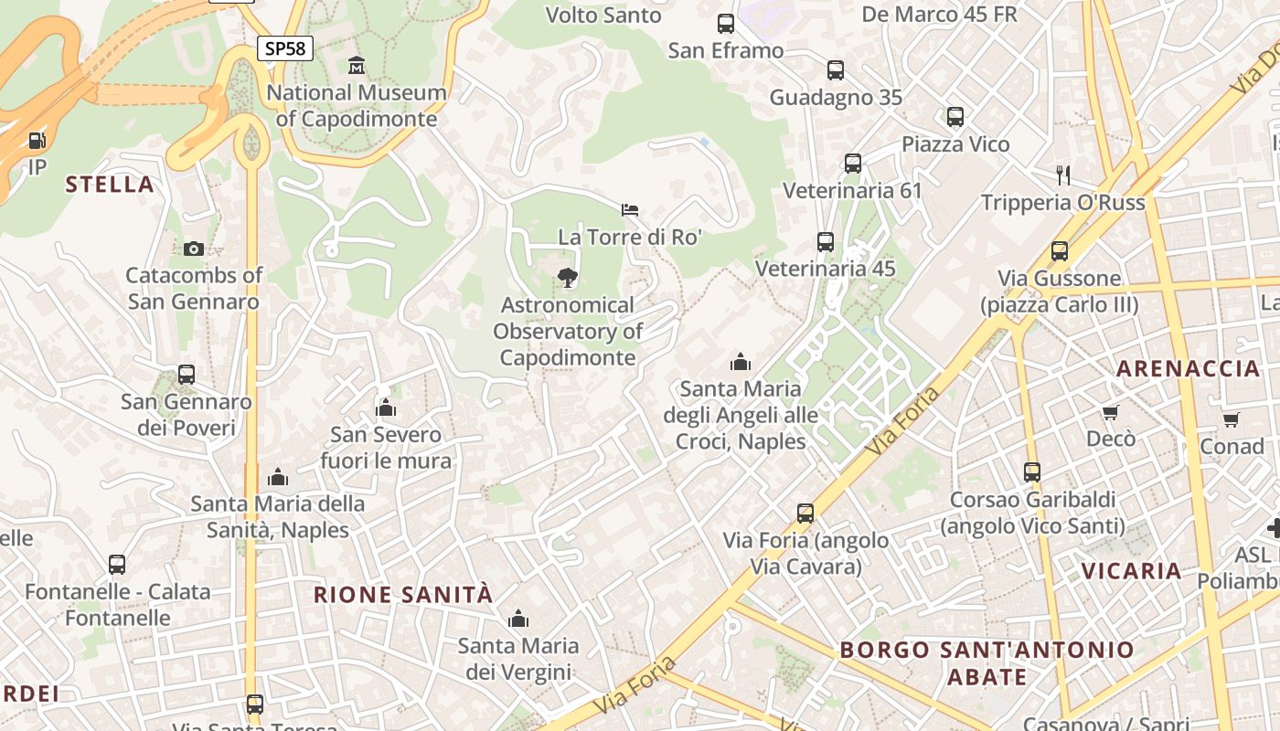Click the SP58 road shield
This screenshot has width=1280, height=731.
pos(284,48)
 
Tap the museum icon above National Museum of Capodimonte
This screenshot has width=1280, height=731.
pos(357,65)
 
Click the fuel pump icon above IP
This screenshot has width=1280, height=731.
pos(37,141)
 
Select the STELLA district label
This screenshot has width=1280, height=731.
pos(110,185)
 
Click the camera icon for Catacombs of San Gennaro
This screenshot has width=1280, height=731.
pos(193,249)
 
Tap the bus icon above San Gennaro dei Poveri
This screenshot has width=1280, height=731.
pos(187,375)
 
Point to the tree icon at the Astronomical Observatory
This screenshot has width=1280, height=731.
pos(567,278)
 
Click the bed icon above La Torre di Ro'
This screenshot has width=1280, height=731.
pos(630,210)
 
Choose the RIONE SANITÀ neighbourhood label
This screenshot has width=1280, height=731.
pos(403,595)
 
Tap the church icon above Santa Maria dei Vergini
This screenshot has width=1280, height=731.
pos(518,619)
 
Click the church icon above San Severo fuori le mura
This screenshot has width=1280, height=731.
pos(386,408)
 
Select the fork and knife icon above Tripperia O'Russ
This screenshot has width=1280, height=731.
pos(1062,175)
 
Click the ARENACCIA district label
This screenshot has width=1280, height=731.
pos(1189,369)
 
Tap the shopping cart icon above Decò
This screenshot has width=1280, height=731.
pos(1111,412)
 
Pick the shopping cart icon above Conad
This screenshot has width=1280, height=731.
pos(1232,419)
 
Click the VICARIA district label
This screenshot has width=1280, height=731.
pos(1132,572)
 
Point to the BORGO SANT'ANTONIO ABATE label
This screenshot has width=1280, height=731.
pos(987,663)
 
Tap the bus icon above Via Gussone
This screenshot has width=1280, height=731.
pos(1060,251)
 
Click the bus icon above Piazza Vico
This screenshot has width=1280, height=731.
pos(955,117)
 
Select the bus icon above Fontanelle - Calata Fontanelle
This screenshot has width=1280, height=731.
pos(117,565)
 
